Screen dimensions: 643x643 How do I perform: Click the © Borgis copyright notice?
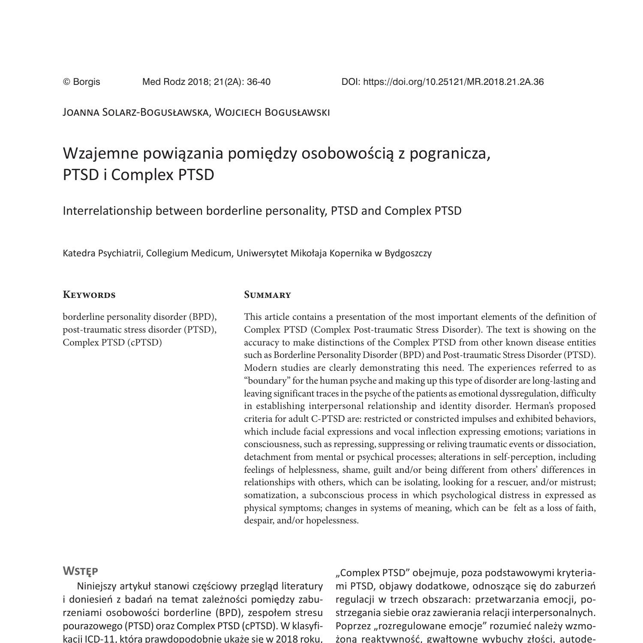point(81,82)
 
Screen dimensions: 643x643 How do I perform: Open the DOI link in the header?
point(442,82)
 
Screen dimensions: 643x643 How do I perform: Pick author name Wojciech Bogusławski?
point(272,112)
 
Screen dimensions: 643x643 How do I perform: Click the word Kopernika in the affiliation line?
point(351,253)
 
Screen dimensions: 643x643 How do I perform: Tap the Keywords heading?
point(89,295)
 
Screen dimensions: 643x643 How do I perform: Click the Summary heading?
point(267,295)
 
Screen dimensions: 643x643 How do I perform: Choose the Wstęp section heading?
point(81,571)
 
